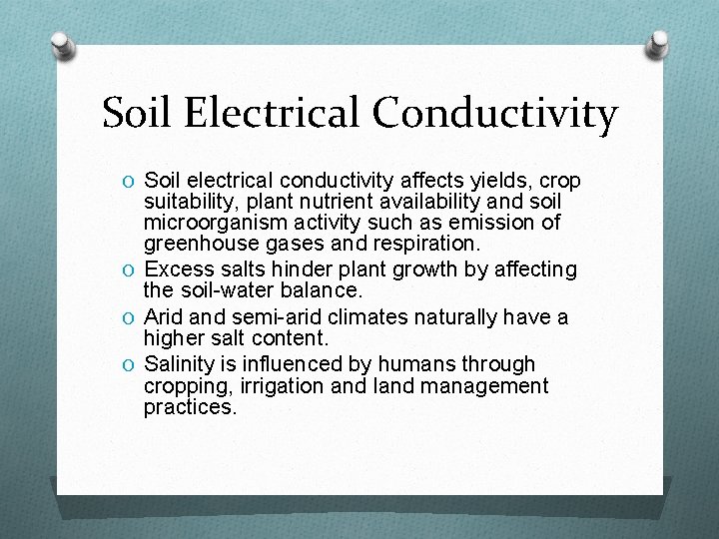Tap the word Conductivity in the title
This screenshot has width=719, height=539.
(495, 114)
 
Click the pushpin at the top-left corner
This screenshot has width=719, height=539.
(62, 45)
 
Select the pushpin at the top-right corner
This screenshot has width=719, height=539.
(658, 43)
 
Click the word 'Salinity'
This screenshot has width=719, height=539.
(181, 364)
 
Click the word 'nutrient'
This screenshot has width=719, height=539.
(326, 202)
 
